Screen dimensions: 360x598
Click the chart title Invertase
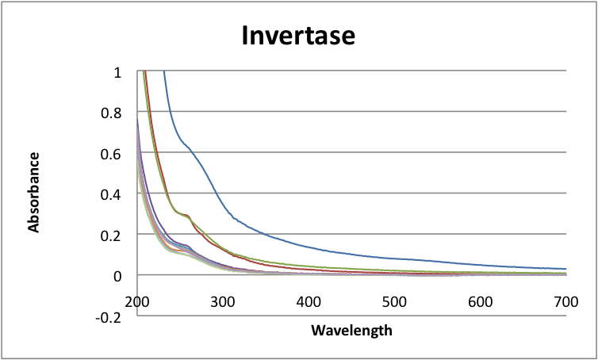(x=298, y=36)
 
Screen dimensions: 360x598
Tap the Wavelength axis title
(x=351, y=330)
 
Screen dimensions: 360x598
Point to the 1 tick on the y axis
(x=117, y=72)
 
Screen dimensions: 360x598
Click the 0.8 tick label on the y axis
(x=113, y=113)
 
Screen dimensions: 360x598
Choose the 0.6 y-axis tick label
(x=113, y=153)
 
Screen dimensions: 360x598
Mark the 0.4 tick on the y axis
(x=113, y=194)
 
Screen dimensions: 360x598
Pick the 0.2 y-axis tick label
(x=113, y=235)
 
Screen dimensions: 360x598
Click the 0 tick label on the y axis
(x=117, y=275)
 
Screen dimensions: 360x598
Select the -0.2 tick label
(x=110, y=316)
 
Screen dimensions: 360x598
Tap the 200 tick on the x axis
(x=137, y=301)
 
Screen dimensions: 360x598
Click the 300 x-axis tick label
(x=223, y=301)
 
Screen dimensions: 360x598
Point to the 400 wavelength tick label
(x=309, y=301)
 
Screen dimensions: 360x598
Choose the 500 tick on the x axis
(x=394, y=301)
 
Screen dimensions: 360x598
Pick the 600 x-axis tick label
(x=480, y=301)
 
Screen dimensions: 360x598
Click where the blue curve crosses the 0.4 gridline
(x=219, y=193)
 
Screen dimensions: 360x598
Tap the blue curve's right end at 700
(x=565, y=269)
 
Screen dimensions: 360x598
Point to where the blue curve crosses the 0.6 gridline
(x=190, y=153)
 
